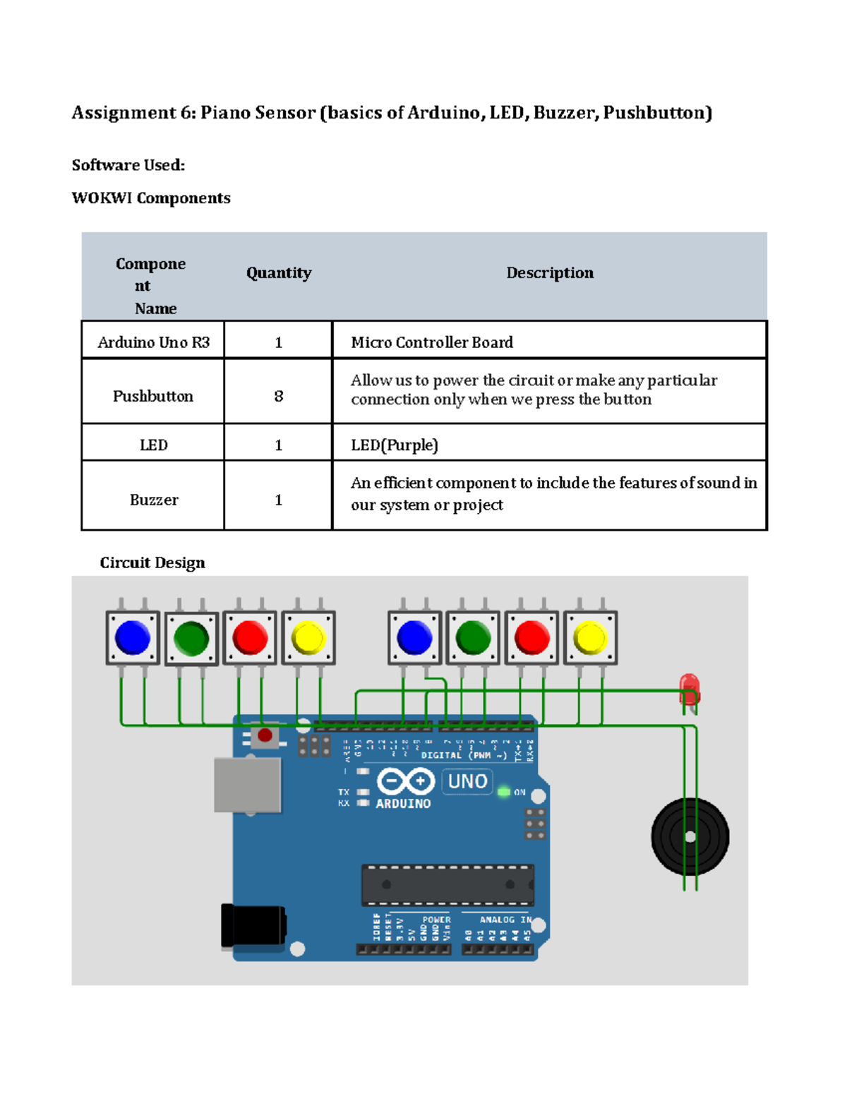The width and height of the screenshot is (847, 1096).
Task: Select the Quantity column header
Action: coord(279,273)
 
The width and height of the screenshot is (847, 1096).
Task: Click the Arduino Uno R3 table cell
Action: coord(153,342)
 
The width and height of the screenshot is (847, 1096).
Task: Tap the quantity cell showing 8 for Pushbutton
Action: coord(278,396)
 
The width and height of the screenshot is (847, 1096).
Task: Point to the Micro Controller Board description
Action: coord(432,342)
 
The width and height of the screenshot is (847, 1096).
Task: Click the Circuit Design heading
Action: coord(152,562)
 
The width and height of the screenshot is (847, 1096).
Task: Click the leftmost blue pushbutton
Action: coord(133,638)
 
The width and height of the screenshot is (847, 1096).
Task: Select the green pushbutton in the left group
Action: coord(191,639)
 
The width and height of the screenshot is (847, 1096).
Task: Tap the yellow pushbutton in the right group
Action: coord(590,638)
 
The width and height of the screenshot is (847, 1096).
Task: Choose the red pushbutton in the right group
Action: coord(531,638)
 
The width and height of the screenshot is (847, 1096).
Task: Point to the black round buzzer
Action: coord(690,837)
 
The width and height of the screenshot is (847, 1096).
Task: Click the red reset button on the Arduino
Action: coord(265,736)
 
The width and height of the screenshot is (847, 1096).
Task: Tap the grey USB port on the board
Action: coord(248,785)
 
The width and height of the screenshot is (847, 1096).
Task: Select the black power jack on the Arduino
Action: coord(253,925)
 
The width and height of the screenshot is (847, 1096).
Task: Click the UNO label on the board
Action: coord(467,781)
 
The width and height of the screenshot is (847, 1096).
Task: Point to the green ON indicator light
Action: coord(504,792)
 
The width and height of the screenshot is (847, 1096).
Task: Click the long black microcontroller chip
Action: coord(447,884)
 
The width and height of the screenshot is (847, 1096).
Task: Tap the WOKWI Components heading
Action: coord(151,198)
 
